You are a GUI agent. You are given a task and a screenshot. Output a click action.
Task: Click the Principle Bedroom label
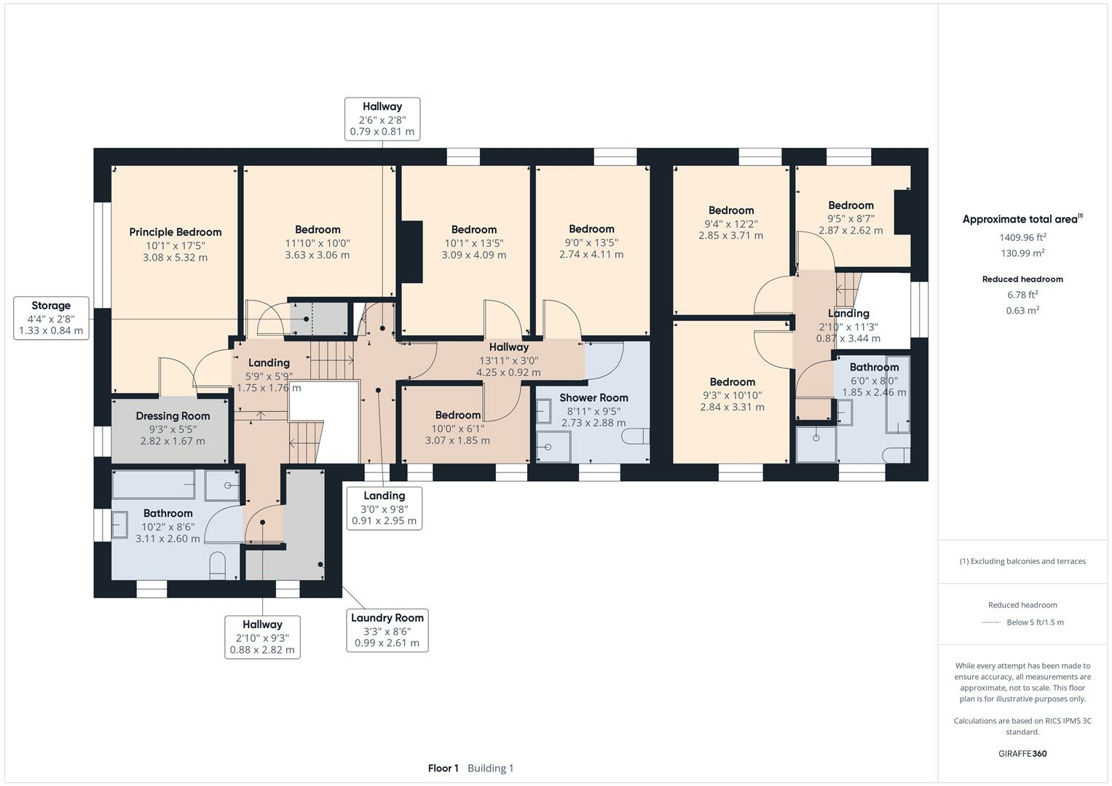click(x=176, y=232)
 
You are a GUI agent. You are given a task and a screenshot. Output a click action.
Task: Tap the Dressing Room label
click(x=173, y=416)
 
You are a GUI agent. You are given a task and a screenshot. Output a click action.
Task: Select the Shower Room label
click(x=594, y=398)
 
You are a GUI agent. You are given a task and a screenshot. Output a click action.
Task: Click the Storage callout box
click(x=51, y=318)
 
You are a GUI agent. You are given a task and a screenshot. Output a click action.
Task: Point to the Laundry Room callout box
click(x=387, y=630)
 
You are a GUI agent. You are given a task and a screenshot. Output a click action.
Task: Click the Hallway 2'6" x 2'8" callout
click(x=382, y=119)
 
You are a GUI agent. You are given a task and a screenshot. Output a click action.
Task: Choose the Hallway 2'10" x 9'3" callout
click(x=262, y=637)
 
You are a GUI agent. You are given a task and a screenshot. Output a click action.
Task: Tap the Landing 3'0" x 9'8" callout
click(x=384, y=508)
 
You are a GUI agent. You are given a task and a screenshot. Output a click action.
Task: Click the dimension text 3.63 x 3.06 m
click(x=318, y=255)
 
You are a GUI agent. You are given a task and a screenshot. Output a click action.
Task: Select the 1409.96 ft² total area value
click(x=1022, y=237)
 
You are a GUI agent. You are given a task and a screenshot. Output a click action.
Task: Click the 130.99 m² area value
click(x=1022, y=253)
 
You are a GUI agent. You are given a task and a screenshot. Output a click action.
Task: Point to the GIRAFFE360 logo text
click(x=1022, y=754)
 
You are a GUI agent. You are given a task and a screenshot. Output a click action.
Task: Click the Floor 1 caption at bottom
click(x=443, y=769)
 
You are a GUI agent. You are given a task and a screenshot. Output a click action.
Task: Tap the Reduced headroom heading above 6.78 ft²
click(x=1022, y=279)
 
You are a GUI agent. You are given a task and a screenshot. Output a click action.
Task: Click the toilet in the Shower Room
click(x=636, y=436)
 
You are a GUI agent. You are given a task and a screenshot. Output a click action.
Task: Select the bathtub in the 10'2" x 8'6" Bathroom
click(x=154, y=485)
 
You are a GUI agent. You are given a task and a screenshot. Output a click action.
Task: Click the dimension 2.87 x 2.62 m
click(x=851, y=231)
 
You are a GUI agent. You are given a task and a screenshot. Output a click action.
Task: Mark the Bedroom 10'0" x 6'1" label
click(x=458, y=416)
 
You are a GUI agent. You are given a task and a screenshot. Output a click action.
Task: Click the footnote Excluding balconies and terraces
click(x=1022, y=561)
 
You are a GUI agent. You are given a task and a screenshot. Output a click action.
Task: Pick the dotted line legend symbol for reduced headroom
click(x=991, y=622)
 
